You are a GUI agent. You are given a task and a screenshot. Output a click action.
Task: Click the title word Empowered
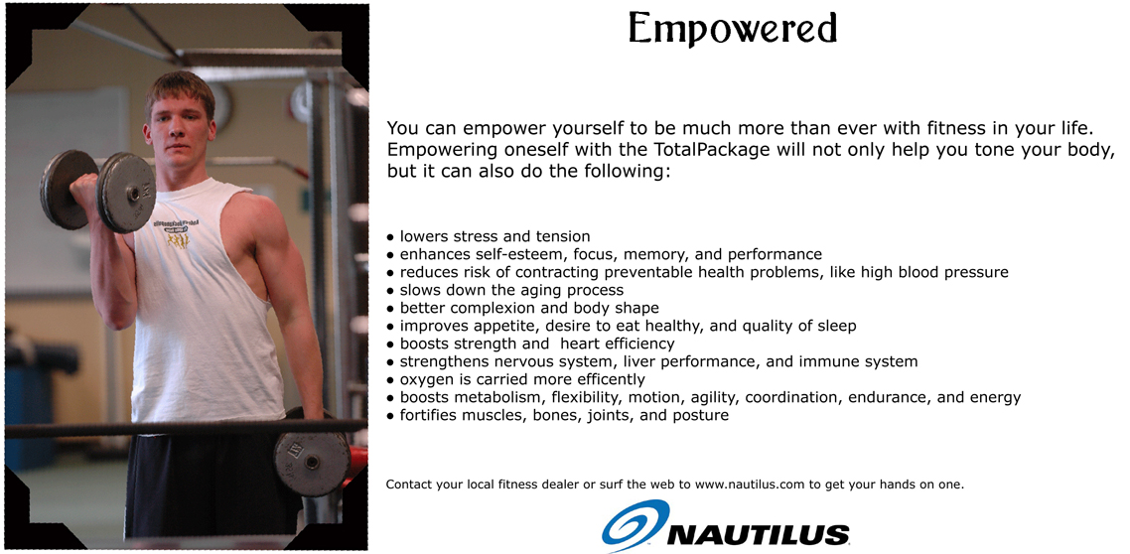733,30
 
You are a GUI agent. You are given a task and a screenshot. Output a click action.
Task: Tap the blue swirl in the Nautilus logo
635,524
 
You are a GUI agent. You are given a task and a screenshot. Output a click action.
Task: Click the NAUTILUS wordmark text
759,534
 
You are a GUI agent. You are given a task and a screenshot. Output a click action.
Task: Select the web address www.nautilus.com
749,485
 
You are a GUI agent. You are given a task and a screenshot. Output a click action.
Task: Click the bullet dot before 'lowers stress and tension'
390,237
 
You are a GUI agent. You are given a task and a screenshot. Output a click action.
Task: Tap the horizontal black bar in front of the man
186,428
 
